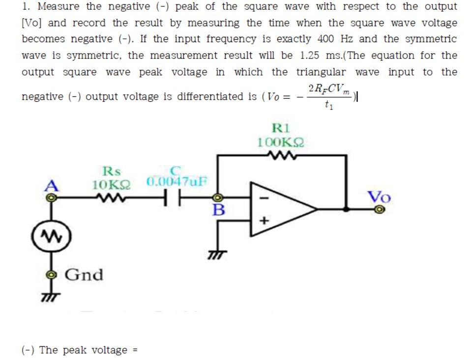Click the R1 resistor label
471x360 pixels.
tap(281, 129)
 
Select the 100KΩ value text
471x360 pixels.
tap(281, 142)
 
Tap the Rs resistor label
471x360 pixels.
tap(111, 171)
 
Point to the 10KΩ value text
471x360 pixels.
tap(112, 185)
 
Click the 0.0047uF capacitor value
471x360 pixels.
tap(177, 181)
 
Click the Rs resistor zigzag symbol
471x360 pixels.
tap(112, 199)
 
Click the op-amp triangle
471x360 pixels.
tap(280, 209)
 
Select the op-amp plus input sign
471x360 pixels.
tap(263, 222)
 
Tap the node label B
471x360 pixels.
tap(218, 211)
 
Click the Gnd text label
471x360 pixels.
tap(84, 275)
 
